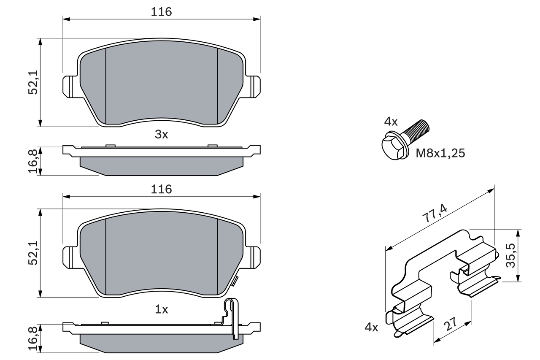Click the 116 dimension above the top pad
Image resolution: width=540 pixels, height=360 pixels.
click(x=162, y=12)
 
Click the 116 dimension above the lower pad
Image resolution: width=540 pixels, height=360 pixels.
click(x=162, y=189)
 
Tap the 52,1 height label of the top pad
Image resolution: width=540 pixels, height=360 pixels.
click(x=33, y=82)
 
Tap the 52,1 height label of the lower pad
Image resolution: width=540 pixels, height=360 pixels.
click(x=33, y=253)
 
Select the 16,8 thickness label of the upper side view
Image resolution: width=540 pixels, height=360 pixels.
click(x=33, y=161)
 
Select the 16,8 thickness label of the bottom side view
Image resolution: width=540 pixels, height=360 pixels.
click(x=33, y=338)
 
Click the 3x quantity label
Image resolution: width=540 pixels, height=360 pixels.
click(x=161, y=135)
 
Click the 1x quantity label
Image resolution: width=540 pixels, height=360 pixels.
click(x=161, y=310)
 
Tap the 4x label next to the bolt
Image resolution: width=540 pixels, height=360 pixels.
click(x=391, y=122)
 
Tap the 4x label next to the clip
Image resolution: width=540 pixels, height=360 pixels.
click(x=371, y=327)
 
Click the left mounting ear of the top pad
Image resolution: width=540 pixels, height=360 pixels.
click(x=70, y=86)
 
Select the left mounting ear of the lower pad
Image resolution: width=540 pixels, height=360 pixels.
click(x=70, y=257)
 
